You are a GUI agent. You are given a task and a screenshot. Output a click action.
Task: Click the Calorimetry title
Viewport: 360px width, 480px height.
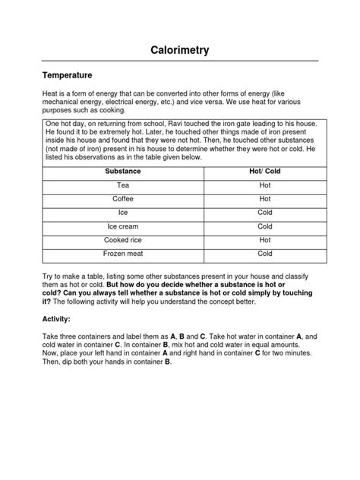coord(179,50)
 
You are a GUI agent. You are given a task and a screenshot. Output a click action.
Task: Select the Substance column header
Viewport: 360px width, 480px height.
coord(122,172)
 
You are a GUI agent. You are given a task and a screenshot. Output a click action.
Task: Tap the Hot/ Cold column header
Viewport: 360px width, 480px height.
coord(264,172)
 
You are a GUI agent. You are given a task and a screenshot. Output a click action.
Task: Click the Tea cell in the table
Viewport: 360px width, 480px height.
coord(122,185)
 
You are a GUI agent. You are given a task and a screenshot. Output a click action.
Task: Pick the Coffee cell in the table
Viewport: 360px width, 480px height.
coord(122,199)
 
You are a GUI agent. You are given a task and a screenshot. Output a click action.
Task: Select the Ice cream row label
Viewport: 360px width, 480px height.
coord(122,226)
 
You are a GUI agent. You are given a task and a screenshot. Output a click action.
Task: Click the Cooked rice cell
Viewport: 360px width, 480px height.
coord(122,240)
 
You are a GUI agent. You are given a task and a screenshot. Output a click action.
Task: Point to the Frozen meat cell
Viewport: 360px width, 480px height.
coord(122,254)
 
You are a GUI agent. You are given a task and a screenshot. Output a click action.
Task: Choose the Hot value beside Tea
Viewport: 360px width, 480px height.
coord(264,185)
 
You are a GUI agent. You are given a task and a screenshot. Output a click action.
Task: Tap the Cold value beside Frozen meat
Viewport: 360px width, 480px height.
coord(264,254)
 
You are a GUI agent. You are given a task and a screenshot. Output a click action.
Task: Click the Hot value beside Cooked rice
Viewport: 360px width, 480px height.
coord(264,240)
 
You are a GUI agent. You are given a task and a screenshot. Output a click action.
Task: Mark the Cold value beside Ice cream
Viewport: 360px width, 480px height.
coord(264,226)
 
